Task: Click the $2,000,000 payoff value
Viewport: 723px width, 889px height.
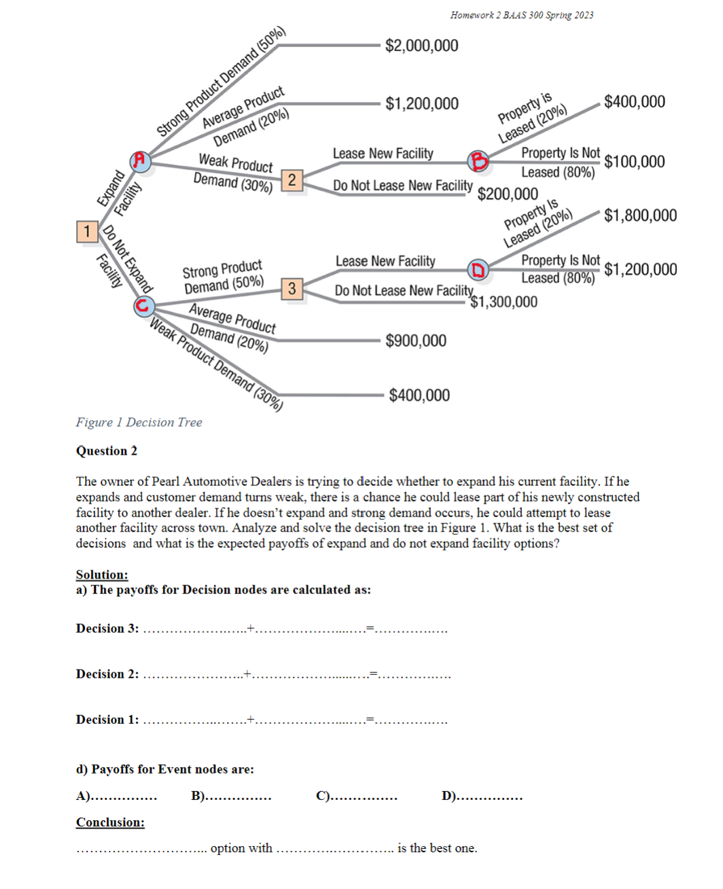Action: pos(421,46)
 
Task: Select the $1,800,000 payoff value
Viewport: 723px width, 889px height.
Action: pos(640,215)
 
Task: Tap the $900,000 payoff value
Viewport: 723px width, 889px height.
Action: pos(416,341)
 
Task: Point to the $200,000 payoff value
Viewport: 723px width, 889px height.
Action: pos(508,194)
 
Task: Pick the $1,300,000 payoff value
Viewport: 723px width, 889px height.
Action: pos(504,302)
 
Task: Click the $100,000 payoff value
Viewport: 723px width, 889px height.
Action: pos(634,162)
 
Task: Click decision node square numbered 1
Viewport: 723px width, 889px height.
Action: pos(87,232)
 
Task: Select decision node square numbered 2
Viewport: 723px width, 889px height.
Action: pos(292,180)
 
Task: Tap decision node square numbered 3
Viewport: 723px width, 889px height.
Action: pos(292,288)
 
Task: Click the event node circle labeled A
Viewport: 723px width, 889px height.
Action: pos(141,160)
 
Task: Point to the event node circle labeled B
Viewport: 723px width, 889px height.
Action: pos(478,161)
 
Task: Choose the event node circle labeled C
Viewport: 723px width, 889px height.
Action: pos(143,306)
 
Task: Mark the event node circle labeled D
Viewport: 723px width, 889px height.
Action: pos(478,270)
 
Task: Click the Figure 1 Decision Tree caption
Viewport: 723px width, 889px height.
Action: pos(139,422)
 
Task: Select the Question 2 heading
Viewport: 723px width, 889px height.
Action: pos(107,451)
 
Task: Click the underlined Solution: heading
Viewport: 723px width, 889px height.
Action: pos(102,575)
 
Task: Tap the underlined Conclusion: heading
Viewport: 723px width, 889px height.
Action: pos(110,822)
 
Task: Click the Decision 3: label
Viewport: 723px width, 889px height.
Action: pos(107,629)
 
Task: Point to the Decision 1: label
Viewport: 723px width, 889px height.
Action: pos(107,720)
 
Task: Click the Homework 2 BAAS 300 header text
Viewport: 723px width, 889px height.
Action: pos(521,15)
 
